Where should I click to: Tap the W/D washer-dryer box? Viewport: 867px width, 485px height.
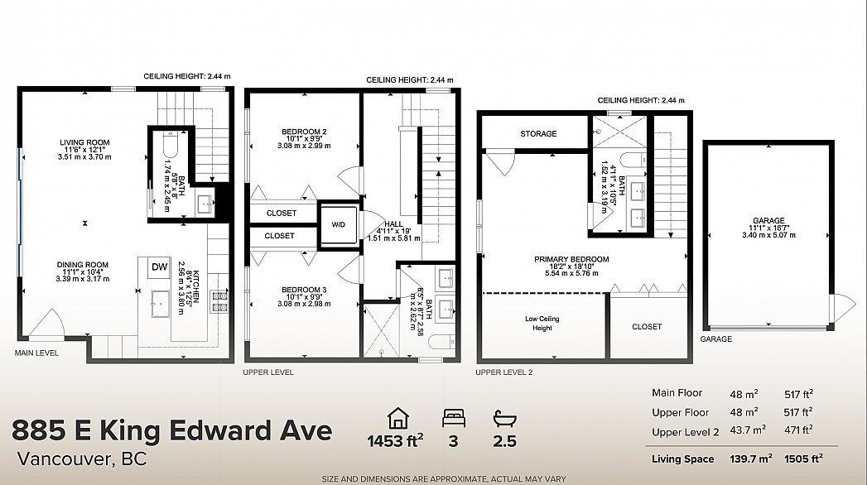click(339, 223)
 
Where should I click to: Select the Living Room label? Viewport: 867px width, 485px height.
click(84, 142)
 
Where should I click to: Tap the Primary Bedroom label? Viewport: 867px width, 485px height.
click(571, 259)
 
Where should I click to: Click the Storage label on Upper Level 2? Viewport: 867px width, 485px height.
click(538, 134)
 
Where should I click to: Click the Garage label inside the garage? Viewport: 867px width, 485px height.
click(768, 221)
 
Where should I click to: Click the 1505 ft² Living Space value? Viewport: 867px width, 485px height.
click(800, 459)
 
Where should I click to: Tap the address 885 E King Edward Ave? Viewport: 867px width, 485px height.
click(172, 430)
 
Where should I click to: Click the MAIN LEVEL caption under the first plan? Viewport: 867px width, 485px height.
click(36, 353)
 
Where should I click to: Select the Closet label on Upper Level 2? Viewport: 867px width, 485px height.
click(647, 327)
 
